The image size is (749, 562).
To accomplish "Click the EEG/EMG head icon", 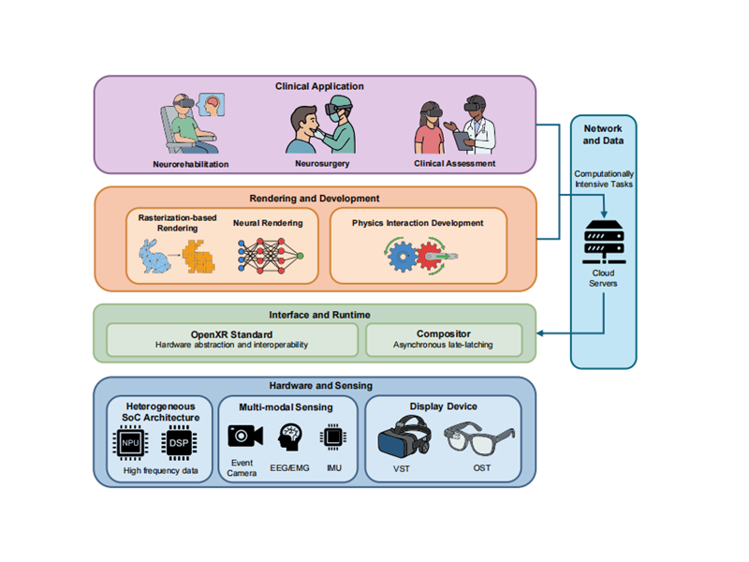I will coord(289,436).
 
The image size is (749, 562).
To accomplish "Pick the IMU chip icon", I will coord(331,436).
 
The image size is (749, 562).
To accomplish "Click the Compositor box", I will coord(443,339).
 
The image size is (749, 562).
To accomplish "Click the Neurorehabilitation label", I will coord(191,164).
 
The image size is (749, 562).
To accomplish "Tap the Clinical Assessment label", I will coord(454,164).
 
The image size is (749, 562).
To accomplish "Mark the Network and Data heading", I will coord(603,135).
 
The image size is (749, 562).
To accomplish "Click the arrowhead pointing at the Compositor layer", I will coord(541,332).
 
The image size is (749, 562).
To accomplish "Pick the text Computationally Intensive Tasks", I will coord(603,179).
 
